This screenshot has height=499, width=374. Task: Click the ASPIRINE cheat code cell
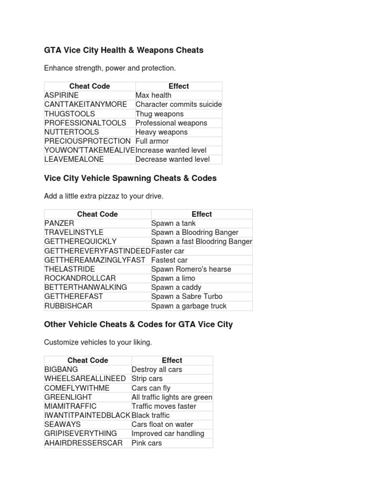click(x=61, y=95)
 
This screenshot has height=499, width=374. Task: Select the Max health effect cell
click(x=153, y=95)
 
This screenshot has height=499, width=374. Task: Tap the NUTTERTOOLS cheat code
click(x=72, y=132)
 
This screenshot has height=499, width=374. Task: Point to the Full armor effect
click(x=152, y=141)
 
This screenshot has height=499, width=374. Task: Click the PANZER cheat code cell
click(x=59, y=223)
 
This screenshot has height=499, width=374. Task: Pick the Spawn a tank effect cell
click(x=173, y=223)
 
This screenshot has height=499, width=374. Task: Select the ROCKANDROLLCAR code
click(x=80, y=278)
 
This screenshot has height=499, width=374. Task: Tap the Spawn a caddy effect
click(x=176, y=288)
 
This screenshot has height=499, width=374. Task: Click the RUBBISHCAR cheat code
click(x=68, y=306)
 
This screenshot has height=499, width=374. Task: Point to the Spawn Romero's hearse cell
click(x=191, y=269)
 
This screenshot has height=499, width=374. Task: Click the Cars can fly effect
click(x=151, y=388)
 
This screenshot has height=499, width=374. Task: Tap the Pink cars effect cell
click(x=147, y=443)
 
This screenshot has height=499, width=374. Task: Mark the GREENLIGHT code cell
click(x=68, y=397)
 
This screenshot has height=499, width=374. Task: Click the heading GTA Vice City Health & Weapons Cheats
click(x=124, y=50)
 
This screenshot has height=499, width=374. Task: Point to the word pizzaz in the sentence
click(x=117, y=196)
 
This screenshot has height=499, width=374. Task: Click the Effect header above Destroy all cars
click(x=172, y=361)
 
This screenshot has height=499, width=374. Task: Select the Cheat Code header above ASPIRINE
click(x=90, y=86)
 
